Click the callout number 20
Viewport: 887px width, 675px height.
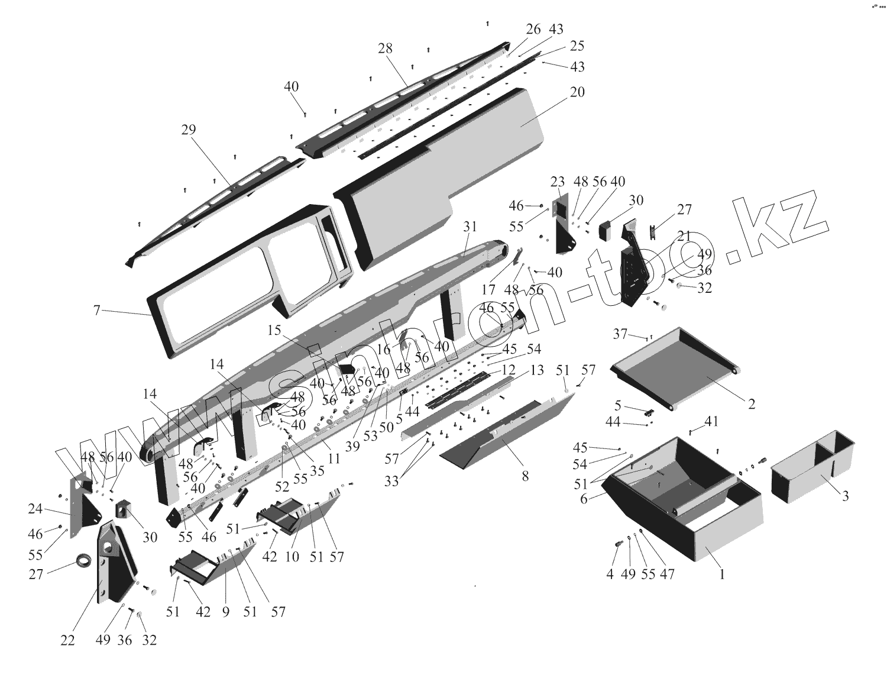(577, 92)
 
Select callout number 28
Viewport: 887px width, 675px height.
(385, 49)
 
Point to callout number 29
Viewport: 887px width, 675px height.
(188, 130)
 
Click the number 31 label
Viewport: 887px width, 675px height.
(470, 227)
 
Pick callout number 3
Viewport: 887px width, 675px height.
(845, 496)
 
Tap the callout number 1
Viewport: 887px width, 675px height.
(721, 573)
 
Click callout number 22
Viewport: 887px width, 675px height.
(67, 640)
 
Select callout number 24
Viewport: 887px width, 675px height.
(35, 508)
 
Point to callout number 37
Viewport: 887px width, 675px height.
(620, 334)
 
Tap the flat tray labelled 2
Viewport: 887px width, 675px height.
(680, 367)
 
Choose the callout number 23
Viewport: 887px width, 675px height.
(558, 182)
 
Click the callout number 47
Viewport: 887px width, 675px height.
(667, 574)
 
